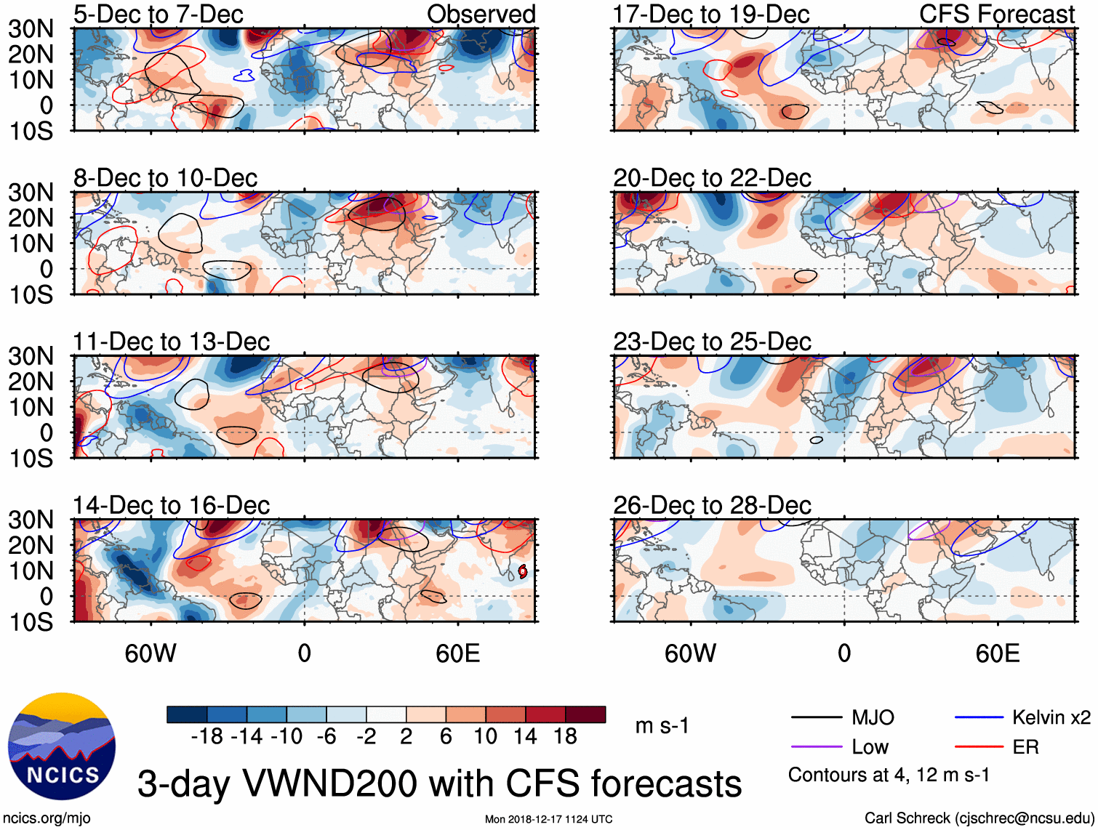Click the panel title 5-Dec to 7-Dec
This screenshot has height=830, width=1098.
pos(158,14)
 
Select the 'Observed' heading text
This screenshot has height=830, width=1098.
pos(481,14)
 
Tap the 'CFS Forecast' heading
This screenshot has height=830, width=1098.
pos(997,14)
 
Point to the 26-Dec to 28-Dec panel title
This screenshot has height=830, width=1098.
pos(712,505)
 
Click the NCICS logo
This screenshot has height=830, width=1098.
pos(62,746)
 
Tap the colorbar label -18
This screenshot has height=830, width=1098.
pos(207,737)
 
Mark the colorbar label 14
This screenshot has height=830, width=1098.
pos(525,737)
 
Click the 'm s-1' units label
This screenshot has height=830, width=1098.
pos(662,726)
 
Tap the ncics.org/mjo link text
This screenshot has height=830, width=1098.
pos(47,818)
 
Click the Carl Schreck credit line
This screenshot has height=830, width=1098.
pos(979,818)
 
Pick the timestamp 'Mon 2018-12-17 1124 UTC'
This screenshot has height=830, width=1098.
pos(548,820)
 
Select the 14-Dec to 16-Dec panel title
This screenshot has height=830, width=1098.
pos(171,505)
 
